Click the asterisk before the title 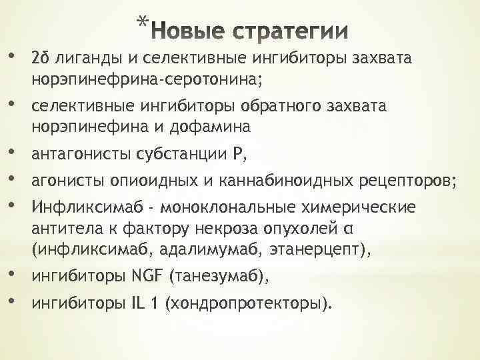[142, 23]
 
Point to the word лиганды [89, 59]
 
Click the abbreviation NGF [147, 275]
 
